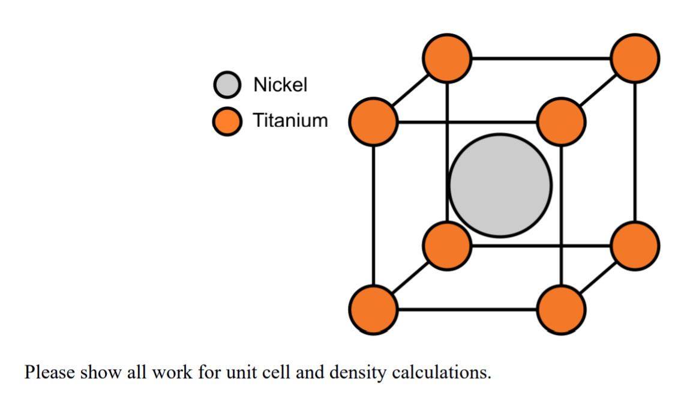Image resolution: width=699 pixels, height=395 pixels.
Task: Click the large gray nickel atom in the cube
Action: [500, 185]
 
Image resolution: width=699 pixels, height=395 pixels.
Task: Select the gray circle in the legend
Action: [227, 85]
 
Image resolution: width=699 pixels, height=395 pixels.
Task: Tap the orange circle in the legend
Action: [227, 121]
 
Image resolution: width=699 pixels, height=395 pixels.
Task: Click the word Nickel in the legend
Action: [280, 85]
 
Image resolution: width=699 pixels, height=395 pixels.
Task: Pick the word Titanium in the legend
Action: [290, 121]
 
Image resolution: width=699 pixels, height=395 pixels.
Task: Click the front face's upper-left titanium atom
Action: [373, 122]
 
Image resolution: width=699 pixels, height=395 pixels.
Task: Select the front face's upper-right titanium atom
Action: [561, 122]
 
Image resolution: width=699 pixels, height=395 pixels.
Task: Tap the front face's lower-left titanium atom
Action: [373, 310]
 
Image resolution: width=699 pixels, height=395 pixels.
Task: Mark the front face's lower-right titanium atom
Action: [561, 310]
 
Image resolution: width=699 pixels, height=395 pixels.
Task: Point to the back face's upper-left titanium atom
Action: [446, 58]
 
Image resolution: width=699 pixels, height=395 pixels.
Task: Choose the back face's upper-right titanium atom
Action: [635, 58]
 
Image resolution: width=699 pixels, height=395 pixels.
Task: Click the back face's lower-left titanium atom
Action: [446, 246]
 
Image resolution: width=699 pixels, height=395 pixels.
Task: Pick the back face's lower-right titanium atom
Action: [635, 246]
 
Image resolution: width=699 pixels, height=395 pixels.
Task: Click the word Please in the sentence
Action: [49, 373]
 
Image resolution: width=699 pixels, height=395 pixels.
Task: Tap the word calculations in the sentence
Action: [441, 373]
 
